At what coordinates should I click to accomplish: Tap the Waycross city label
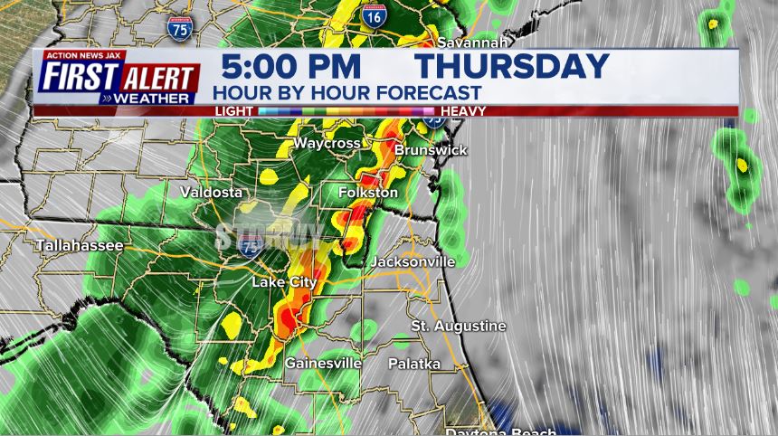(x=327, y=144)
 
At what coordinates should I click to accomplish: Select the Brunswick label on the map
(x=431, y=149)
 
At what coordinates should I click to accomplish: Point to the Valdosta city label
(x=211, y=192)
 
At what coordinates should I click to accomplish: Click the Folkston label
(x=367, y=193)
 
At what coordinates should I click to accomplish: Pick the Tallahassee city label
(x=80, y=245)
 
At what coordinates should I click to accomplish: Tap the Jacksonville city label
(x=412, y=261)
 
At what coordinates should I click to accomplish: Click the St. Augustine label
(x=459, y=326)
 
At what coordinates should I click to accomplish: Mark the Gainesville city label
(x=323, y=363)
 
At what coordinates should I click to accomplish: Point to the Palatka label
(x=414, y=364)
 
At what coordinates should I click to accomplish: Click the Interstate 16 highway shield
(x=372, y=14)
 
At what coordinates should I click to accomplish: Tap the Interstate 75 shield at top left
(x=179, y=28)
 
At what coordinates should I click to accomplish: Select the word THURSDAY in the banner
(x=512, y=67)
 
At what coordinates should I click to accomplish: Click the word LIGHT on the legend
(x=233, y=111)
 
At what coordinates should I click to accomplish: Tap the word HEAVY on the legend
(x=464, y=111)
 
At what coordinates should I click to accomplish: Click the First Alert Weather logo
(x=119, y=80)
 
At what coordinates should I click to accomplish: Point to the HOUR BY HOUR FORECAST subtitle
(x=346, y=92)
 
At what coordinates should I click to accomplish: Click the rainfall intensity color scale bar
(x=348, y=111)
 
